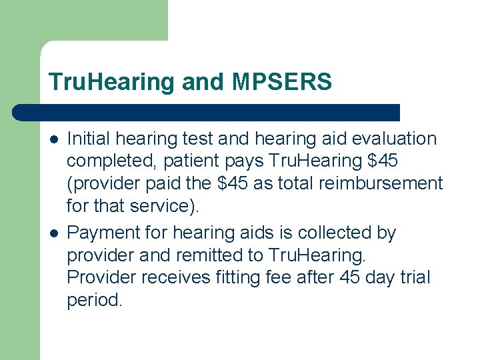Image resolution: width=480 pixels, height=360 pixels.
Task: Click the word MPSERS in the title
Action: coord(282,82)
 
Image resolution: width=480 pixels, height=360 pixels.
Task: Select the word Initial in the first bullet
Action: coord(89,139)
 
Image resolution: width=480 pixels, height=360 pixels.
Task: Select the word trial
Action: coord(413,277)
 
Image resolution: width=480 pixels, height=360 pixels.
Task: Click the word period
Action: coord(95,299)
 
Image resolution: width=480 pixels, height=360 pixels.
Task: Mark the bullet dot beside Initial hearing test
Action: coord(53,140)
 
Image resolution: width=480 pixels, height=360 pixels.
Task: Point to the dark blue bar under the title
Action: coord(207,112)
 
